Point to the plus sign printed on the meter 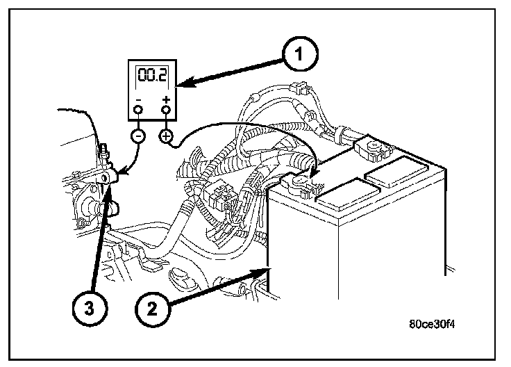165,99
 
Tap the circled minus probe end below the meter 137,136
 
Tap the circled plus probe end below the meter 166,136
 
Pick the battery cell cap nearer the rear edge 393,170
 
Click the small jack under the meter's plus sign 165,109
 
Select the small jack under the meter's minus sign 137,109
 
